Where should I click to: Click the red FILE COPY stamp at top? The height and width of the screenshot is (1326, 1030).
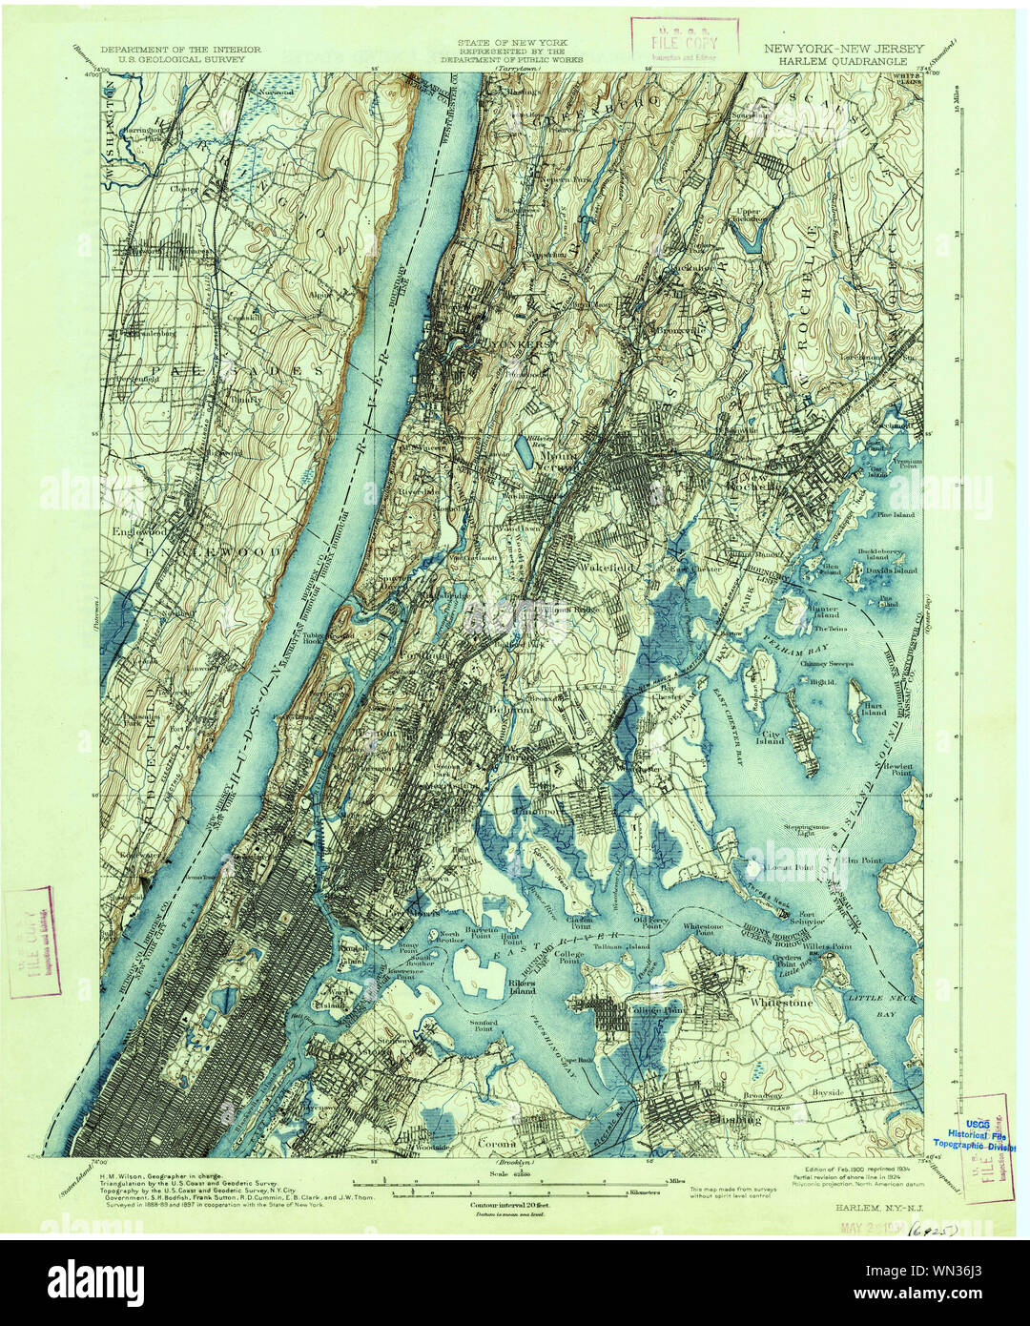[684, 42]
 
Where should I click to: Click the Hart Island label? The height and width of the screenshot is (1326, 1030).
[874, 708]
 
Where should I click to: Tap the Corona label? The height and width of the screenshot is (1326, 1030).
[496, 1143]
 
